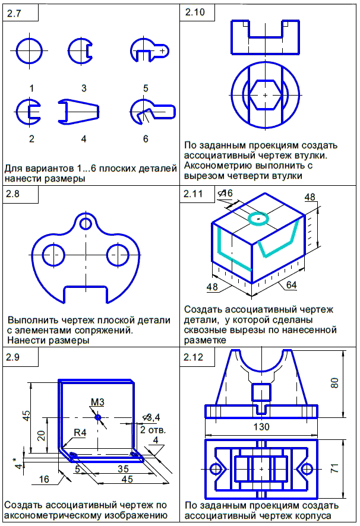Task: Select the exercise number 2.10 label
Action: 194,14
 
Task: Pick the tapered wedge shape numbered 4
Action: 78,111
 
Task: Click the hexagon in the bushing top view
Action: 265,94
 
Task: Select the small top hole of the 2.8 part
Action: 87,223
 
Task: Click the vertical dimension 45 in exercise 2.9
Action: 26,415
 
